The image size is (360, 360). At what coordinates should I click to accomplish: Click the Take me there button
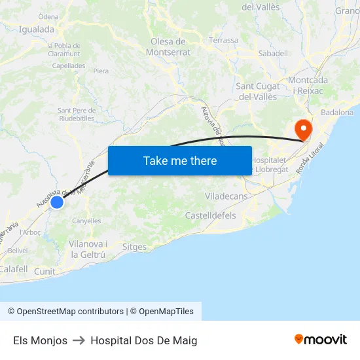[x=180, y=160]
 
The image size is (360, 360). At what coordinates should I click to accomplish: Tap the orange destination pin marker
[x=303, y=129]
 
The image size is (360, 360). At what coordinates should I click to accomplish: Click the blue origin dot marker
[x=57, y=202]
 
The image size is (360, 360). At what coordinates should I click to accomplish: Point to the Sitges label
[x=134, y=247]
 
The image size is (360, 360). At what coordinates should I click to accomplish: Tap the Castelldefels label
[x=210, y=215]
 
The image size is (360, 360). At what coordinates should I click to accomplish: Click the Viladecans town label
[x=226, y=196]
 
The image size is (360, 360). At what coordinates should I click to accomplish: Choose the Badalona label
[x=337, y=113]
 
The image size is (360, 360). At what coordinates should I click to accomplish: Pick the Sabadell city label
[x=273, y=54]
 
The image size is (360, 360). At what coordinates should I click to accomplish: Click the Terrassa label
[x=224, y=41]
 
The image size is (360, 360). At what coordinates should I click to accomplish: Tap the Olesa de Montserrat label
[x=169, y=46]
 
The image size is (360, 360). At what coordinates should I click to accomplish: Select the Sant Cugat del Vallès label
[x=257, y=92]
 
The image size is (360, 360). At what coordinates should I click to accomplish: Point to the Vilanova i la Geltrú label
[x=88, y=249]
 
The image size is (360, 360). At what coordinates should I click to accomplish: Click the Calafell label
[x=13, y=269]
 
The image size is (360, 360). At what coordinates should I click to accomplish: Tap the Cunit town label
[x=45, y=271]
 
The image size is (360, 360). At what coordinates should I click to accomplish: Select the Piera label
[x=101, y=71]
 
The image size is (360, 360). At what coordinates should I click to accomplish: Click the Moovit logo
[x=321, y=340]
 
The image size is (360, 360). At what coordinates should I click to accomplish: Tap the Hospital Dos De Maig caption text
[x=144, y=340]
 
